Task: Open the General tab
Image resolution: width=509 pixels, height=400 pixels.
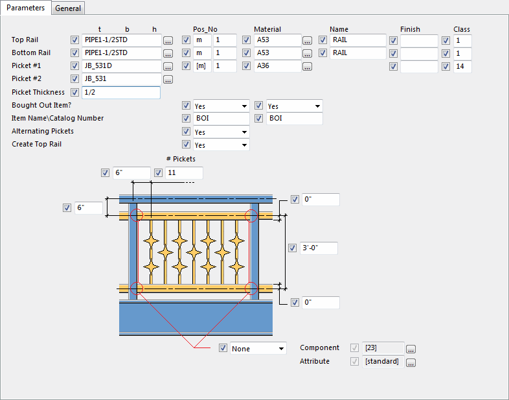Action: (68, 8)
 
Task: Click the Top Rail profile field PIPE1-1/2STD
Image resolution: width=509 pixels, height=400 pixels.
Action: (121, 40)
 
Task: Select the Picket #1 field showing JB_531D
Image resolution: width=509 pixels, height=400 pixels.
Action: (121, 66)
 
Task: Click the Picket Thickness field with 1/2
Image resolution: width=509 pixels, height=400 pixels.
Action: (121, 93)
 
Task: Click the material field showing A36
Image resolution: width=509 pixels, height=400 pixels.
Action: (277, 66)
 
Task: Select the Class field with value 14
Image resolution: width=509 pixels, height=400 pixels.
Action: (462, 66)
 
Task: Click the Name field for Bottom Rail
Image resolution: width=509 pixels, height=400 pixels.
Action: (357, 53)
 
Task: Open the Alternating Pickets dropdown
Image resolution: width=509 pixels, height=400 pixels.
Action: (220, 132)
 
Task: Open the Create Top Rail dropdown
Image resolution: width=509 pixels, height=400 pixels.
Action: (220, 145)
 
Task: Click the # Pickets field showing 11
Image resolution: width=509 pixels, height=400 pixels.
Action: (184, 173)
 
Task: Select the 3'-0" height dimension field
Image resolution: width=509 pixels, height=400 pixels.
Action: (320, 248)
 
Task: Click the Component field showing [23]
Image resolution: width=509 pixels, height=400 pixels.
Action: (383, 348)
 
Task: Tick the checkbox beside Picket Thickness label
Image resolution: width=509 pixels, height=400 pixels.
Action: (74, 93)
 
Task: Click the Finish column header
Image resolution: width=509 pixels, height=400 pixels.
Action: (410, 29)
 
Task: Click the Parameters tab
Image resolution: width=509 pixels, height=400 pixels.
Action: (25, 8)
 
